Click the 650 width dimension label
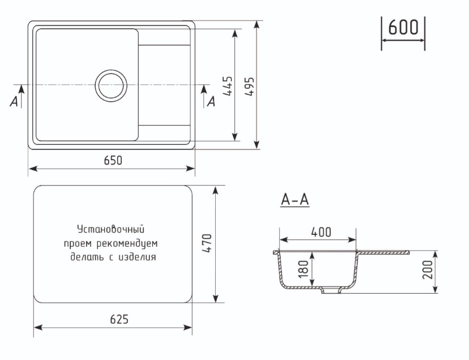[113, 160]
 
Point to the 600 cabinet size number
[403, 27]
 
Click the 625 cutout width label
[119, 319]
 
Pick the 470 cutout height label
[206, 243]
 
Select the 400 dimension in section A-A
[321, 232]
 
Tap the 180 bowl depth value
[302, 269]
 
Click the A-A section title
[295, 200]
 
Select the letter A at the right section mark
[211, 101]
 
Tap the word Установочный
[111, 229]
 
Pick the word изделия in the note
[138, 257]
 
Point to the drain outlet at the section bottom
[330, 291]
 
